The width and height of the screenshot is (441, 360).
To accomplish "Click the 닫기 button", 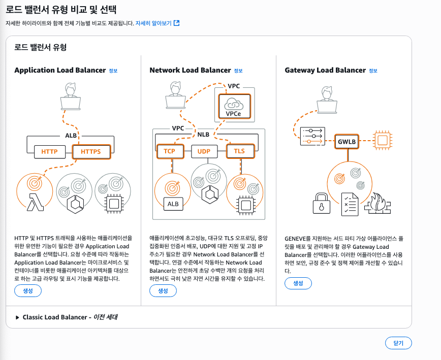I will coord(398,343).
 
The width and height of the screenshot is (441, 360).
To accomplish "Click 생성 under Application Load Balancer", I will coord(28,291).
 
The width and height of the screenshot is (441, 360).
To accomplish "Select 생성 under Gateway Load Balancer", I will coord(298,283).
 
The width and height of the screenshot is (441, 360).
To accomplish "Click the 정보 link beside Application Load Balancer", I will coord(113,71).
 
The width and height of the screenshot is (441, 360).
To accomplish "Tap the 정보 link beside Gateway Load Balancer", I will coord(373,71).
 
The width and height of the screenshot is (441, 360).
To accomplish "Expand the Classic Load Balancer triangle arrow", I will coord(17,317).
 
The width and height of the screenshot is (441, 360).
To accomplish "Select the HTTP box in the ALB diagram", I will coord(49,151).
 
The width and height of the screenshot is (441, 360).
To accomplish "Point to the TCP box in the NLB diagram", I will coord(169,151).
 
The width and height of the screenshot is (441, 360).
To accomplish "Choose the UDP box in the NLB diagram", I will coord(204,151).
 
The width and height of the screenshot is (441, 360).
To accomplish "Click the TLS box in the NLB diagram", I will coord(239,151).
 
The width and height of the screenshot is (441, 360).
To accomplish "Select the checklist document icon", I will coord(349,203).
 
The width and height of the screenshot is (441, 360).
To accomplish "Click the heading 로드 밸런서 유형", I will coord(40,47).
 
